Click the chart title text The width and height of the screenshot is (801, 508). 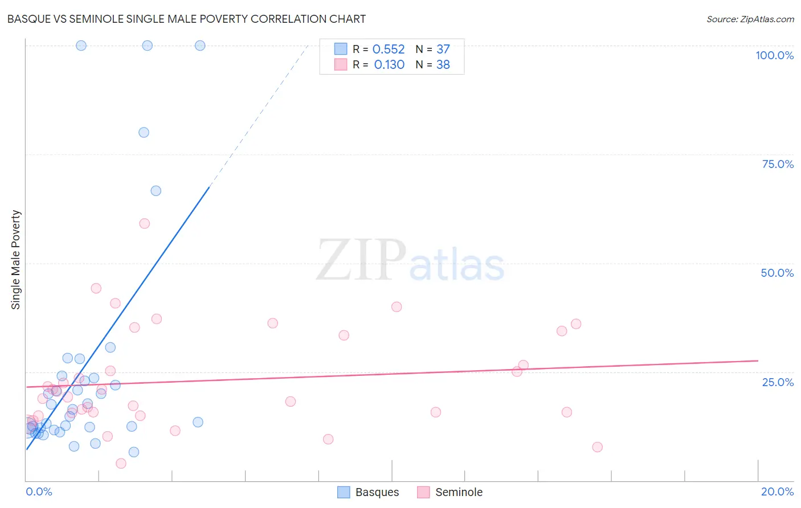pyautogui.click(x=186, y=19)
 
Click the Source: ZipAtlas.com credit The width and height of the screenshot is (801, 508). pyautogui.click(x=750, y=19)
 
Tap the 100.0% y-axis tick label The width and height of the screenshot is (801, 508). pyautogui.click(x=774, y=55)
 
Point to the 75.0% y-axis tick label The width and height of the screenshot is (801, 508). pyautogui.click(x=778, y=164)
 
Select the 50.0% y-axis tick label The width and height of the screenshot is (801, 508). pyautogui.click(x=777, y=273)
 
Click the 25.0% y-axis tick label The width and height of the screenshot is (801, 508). pyautogui.click(x=778, y=382)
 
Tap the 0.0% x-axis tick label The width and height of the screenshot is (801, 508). pyautogui.click(x=39, y=491)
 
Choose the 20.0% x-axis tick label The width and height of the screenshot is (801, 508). pyautogui.click(x=777, y=491)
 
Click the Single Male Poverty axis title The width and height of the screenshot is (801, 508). pyautogui.click(x=16, y=260)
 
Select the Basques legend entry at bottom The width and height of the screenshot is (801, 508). pyautogui.click(x=368, y=492)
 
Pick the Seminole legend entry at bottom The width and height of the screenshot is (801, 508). pyautogui.click(x=450, y=492)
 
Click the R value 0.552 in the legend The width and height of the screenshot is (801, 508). pyautogui.click(x=389, y=50)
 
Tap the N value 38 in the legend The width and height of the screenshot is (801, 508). pyautogui.click(x=443, y=65)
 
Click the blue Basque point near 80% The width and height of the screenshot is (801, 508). pyautogui.click(x=144, y=133)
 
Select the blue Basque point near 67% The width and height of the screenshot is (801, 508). pyautogui.click(x=156, y=191)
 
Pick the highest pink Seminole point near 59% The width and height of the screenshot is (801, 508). pyautogui.click(x=144, y=224)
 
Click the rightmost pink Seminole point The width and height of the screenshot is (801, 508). pyautogui.click(x=597, y=447)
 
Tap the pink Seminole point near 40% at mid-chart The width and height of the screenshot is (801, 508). pyautogui.click(x=397, y=307)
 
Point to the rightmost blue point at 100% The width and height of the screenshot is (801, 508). pyautogui.click(x=200, y=46)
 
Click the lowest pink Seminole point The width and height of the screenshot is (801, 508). pyautogui.click(x=121, y=464)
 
